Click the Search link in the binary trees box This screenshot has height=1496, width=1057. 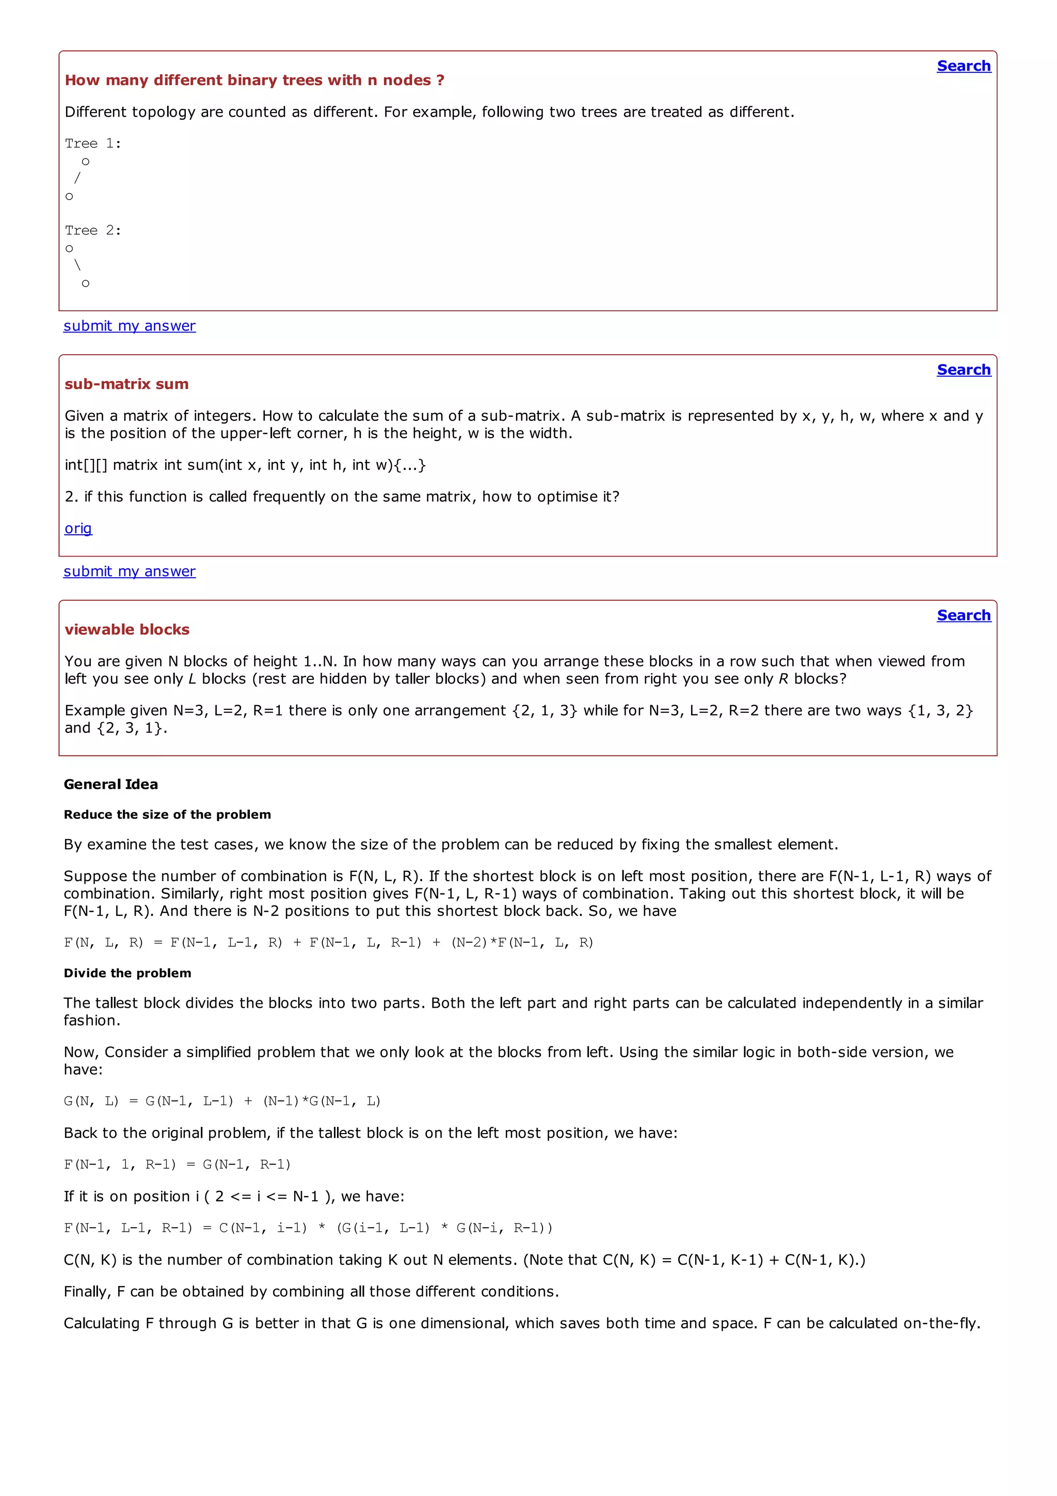coord(963,66)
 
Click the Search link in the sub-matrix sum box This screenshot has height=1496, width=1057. coord(963,370)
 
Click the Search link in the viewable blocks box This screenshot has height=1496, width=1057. coord(963,615)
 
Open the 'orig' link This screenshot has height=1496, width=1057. coord(78,529)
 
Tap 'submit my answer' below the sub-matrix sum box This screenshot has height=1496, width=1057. coord(129,571)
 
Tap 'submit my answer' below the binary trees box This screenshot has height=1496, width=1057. coord(129,326)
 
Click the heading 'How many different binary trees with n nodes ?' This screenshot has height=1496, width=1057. coord(254,80)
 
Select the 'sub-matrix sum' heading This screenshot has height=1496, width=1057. coord(126,384)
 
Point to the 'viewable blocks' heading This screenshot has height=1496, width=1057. coord(127,629)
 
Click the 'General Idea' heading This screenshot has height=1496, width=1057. coord(111,784)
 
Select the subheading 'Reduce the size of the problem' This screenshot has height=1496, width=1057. coord(167,815)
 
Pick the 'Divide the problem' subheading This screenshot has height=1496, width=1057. coord(127,973)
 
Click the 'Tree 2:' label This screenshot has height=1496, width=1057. coord(92,231)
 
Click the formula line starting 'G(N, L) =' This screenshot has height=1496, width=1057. coord(222,1101)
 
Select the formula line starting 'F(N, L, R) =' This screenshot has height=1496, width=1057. coord(328,943)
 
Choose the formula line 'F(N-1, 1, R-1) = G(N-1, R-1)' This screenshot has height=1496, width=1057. coord(177,1165)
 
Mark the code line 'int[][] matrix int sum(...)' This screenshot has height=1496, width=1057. coord(245,465)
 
